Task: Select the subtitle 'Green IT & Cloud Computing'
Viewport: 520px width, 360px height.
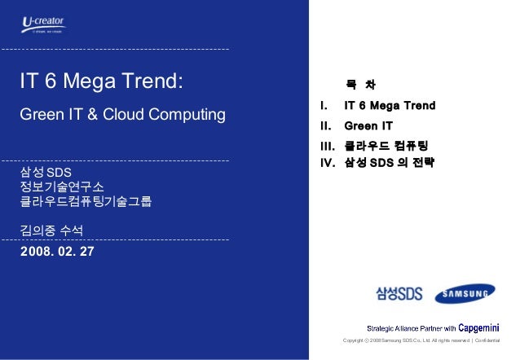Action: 122,114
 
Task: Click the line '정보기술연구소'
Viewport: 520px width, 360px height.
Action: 62,188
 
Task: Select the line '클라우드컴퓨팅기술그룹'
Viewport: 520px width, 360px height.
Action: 86,202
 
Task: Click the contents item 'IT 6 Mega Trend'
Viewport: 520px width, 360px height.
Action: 390,106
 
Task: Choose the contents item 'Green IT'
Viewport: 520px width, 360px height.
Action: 368,126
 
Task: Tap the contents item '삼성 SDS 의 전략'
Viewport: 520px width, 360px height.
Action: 390,162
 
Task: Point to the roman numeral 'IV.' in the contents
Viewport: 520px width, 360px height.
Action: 328,162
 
